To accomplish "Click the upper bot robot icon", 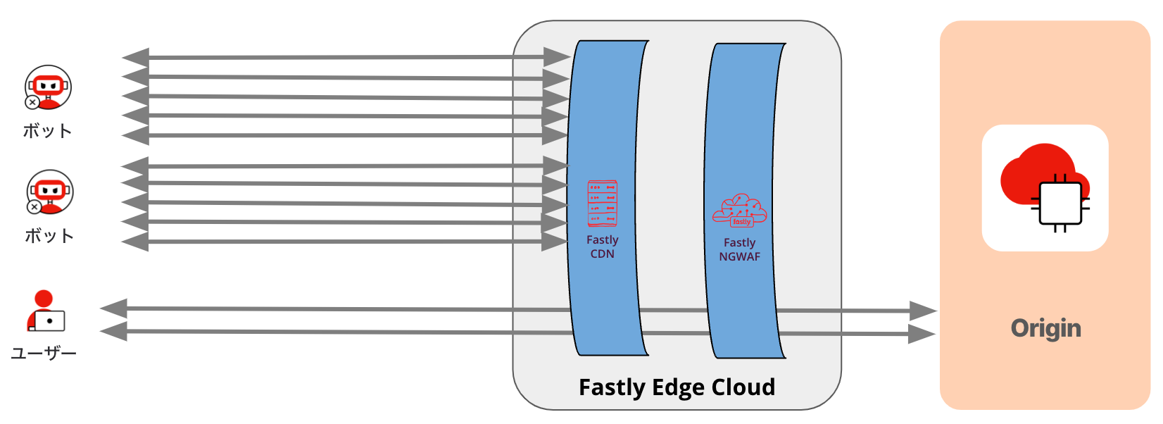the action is [48, 87].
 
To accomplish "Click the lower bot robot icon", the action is [50, 192].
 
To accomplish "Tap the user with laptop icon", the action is [46, 311].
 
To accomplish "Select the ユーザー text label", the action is [44, 354].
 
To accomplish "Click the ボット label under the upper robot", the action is [47, 131].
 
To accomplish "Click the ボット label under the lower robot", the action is [49, 236].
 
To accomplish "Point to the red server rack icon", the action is [603, 204].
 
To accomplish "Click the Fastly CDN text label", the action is [603, 247].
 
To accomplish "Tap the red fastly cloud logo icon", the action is [739, 211].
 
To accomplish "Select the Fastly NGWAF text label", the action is [739, 249].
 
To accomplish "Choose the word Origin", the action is [1045, 329].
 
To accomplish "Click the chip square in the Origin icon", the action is [1060, 204].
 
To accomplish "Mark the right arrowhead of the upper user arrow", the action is [923, 311].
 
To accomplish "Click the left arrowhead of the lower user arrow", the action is [114, 331].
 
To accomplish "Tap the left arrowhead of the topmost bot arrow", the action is [135, 58].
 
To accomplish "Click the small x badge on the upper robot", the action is [32, 102].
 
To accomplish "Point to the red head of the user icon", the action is [44, 298].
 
